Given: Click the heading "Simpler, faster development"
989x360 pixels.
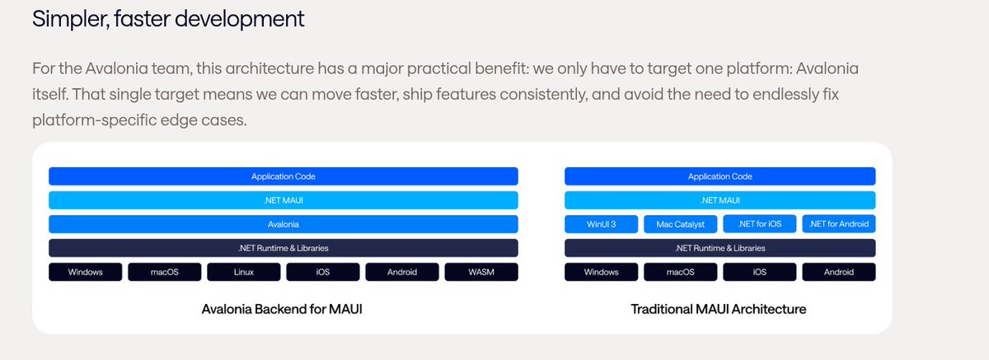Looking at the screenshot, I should [168, 19].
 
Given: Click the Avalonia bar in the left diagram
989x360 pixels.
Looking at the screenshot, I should [283, 224].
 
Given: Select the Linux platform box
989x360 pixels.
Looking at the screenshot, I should [243, 272].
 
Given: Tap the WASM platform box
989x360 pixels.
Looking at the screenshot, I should [480, 272].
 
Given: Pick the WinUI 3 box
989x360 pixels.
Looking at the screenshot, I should [600, 224].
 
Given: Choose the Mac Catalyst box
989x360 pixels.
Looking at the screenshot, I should [679, 224].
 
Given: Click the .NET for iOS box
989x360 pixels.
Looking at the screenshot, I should [759, 224].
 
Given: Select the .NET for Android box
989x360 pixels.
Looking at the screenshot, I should [838, 224].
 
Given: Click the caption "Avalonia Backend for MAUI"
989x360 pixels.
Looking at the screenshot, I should [282, 310].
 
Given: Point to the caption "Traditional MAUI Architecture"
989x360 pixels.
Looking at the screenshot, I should [719, 310].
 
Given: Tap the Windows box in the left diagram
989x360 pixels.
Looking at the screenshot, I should [86, 272].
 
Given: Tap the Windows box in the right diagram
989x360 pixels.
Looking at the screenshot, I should [600, 272].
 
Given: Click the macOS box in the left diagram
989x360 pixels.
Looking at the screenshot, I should [164, 272].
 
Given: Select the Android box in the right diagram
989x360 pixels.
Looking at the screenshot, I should [838, 272].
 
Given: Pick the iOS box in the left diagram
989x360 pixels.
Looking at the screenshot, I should [322, 272].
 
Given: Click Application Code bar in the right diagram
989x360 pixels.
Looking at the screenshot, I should [719, 176].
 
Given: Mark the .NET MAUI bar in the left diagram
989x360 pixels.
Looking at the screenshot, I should [283, 200].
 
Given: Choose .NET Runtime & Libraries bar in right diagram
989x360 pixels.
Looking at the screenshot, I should [719, 248].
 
